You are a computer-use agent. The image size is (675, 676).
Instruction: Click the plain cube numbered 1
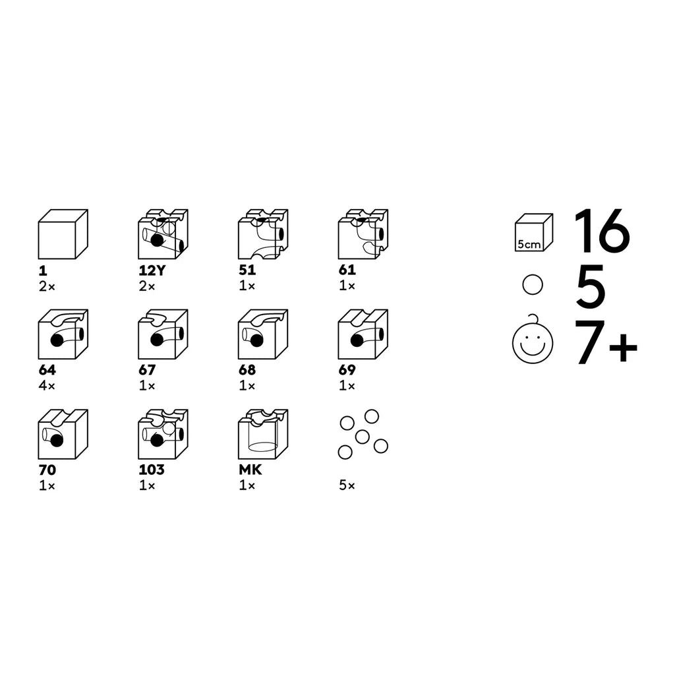click(63, 234)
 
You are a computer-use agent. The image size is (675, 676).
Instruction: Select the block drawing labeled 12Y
click(163, 234)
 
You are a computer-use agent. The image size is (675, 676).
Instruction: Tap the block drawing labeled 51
click(263, 234)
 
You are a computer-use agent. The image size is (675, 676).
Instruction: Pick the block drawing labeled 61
click(363, 234)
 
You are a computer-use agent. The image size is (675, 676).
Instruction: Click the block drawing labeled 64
click(63, 334)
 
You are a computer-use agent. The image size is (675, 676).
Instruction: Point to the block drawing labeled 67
click(163, 334)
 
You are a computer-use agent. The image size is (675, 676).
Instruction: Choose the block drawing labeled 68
click(263, 334)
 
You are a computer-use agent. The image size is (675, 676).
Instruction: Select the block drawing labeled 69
click(363, 334)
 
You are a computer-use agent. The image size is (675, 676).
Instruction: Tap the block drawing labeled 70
click(63, 434)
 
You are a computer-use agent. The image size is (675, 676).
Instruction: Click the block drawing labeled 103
click(163, 434)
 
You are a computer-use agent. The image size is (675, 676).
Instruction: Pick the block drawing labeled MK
click(263, 434)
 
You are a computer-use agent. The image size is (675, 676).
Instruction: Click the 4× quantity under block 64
click(47, 385)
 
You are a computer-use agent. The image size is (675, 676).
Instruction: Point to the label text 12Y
click(152, 270)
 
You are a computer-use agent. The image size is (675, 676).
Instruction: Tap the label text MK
click(250, 470)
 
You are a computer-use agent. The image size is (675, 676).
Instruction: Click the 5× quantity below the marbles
click(347, 485)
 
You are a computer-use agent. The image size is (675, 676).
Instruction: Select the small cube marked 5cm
click(534, 232)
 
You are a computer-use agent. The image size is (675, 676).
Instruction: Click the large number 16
click(602, 231)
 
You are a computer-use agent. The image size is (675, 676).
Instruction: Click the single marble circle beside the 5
click(533, 285)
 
